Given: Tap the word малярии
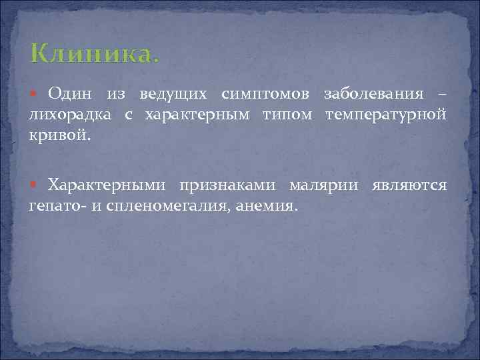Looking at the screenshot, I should (x=325, y=185).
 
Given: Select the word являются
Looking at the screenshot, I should (x=409, y=185).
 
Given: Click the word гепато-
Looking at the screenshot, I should (x=57, y=206).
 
